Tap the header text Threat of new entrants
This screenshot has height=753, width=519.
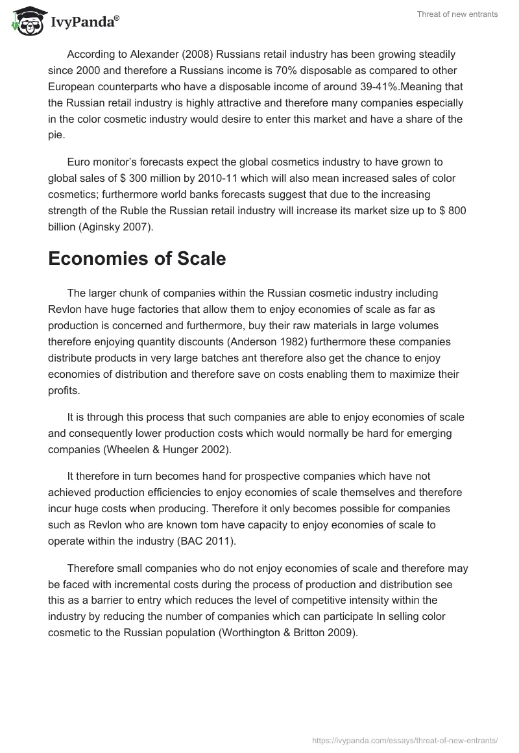tap(458, 14)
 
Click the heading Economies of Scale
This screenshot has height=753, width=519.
tap(137, 258)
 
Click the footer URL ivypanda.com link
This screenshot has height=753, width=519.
tap(406, 739)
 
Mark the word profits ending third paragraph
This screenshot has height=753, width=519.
tap(64, 390)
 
